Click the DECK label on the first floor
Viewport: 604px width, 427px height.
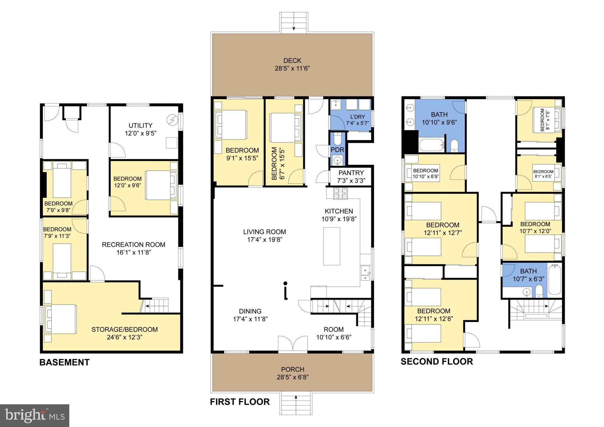292,61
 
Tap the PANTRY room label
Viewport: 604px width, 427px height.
351,173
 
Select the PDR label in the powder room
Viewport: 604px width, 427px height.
337,150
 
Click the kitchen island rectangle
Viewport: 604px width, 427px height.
331,246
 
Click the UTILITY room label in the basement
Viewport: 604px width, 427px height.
140,125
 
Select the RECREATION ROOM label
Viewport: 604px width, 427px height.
133,244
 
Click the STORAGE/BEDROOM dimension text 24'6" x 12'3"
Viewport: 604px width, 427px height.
125,337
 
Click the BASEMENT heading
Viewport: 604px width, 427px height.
65,362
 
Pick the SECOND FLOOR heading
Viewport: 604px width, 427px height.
436,362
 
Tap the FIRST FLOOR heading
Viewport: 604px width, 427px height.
240,402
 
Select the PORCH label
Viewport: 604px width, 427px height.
293,369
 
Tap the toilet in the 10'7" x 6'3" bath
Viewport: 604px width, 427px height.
539,291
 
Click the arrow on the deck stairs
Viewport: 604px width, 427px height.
294,28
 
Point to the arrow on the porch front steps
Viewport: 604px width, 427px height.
296,398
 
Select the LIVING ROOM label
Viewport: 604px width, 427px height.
265,232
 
